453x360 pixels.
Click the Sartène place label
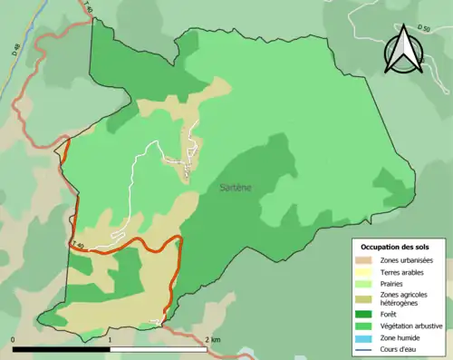click(236, 188)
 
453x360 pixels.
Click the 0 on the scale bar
click(13, 340)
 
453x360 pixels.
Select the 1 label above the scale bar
click(110, 340)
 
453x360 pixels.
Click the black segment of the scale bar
click(61, 348)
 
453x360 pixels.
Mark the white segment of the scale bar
click(158, 348)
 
